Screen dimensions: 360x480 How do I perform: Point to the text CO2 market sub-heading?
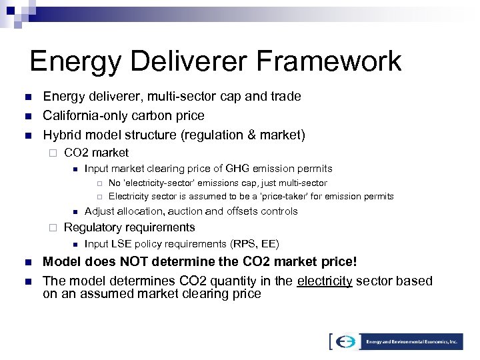[x=96, y=153]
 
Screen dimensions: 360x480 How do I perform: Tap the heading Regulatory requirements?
[x=129, y=227]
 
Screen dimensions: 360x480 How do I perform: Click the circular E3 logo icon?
[x=346, y=341]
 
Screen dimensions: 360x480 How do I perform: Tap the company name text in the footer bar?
[x=413, y=341]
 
